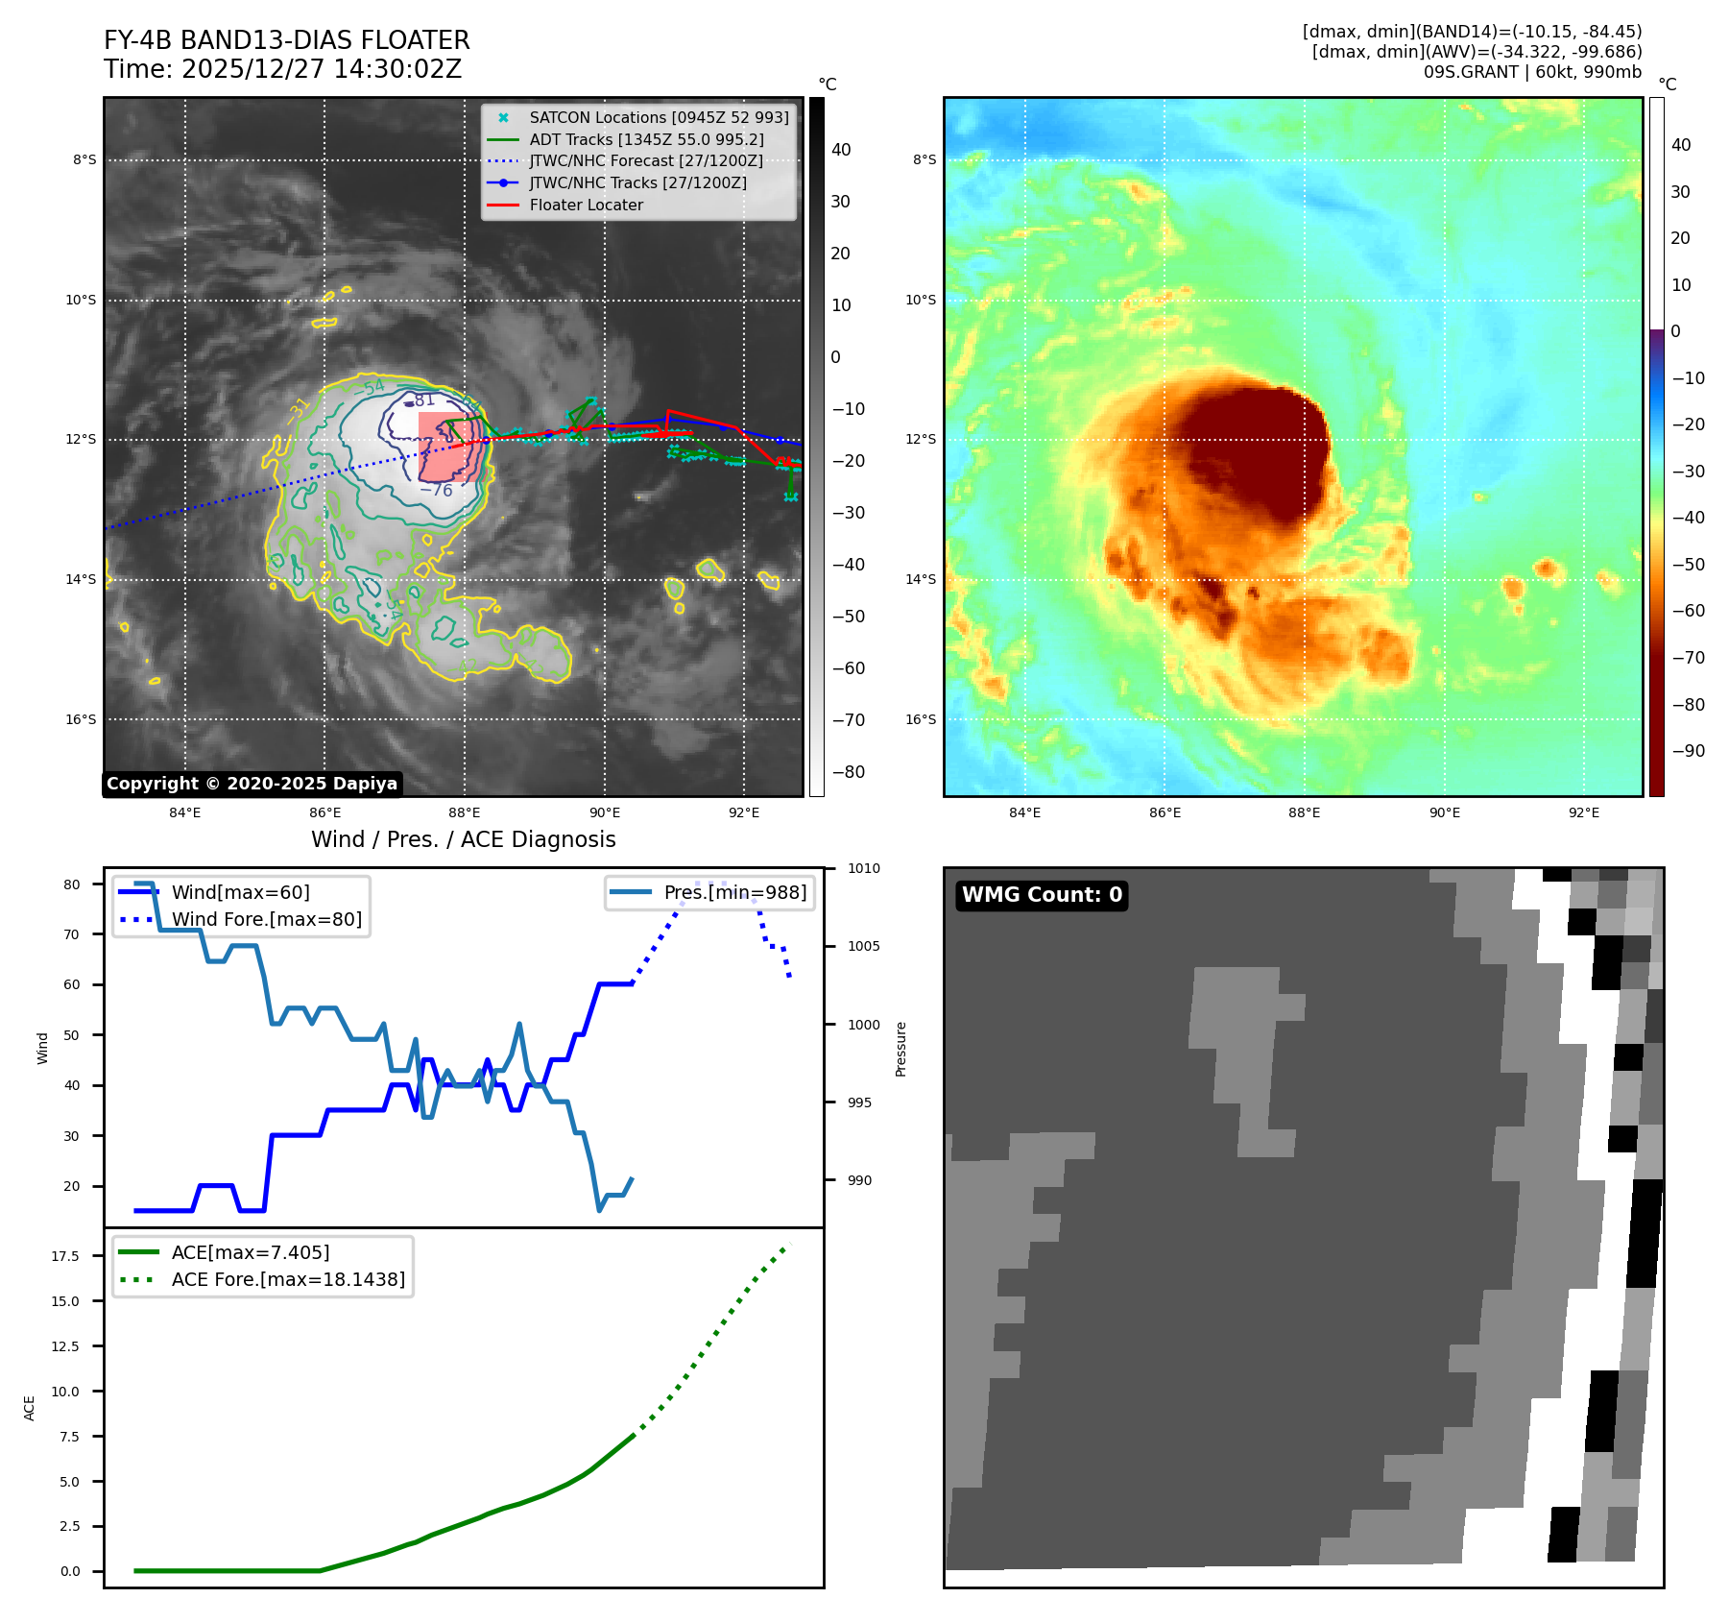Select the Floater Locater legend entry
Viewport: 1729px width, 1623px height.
point(586,205)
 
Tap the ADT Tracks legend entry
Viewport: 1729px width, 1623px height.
point(646,139)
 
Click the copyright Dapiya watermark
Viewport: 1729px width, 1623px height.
point(252,784)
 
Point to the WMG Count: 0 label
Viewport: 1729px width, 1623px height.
point(1042,895)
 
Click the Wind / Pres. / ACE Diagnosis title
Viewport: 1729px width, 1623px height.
point(464,839)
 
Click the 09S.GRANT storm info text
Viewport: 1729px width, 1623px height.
point(1532,72)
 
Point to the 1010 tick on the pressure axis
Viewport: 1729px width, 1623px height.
point(863,868)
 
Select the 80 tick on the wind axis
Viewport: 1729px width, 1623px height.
point(72,884)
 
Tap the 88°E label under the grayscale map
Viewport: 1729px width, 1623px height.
point(465,812)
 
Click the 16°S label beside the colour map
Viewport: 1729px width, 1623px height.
point(921,719)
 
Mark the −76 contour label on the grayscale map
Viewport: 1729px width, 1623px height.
point(437,491)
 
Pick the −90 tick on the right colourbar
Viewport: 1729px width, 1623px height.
point(1688,751)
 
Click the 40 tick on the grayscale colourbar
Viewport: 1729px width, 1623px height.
point(841,150)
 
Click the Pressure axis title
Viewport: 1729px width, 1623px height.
point(901,1049)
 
